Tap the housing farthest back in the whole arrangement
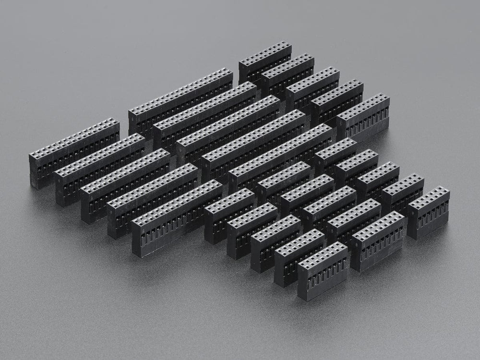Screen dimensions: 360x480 [x=265, y=60]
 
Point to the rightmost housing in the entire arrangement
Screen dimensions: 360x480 [x=428, y=211]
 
